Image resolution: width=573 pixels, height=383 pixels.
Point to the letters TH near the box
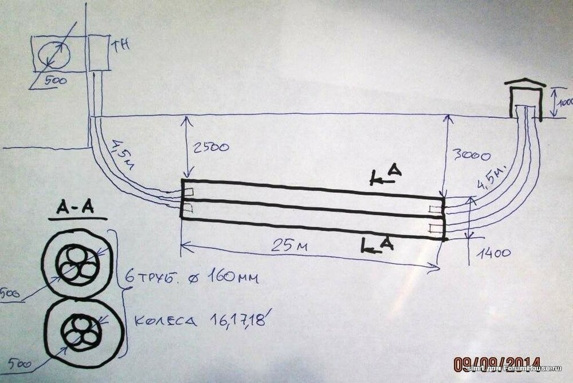pyautogui.click(x=121, y=46)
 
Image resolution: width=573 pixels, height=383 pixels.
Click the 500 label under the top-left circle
pyautogui.click(x=55, y=81)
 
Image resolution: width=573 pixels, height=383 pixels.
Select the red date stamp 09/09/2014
pyautogui.click(x=497, y=364)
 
